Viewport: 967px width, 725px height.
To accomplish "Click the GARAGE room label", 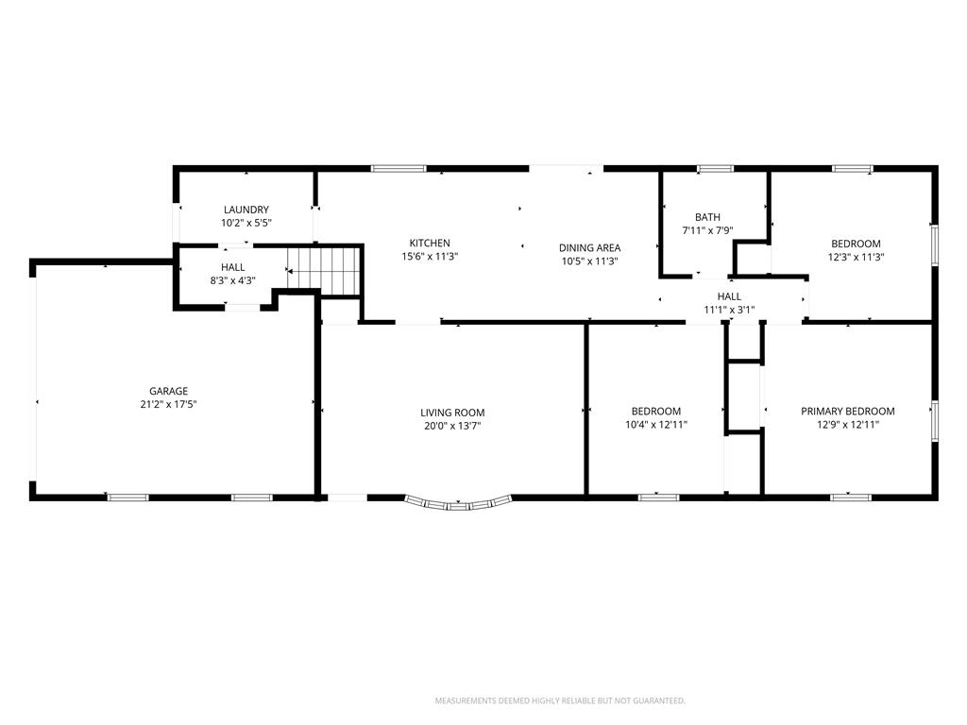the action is [168, 391].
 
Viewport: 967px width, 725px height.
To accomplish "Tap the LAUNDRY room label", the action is [246, 210].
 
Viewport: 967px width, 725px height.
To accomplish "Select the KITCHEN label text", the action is [430, 243].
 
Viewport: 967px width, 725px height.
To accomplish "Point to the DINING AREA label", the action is [589, 248].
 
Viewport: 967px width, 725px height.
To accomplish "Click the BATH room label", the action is [707, 217].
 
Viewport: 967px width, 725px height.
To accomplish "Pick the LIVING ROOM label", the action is [452, 413].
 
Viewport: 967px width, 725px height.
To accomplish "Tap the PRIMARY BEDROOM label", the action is [848, 412].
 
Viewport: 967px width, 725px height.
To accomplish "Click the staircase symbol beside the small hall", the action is [324, 269].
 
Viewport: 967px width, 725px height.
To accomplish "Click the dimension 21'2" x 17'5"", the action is [168, 404].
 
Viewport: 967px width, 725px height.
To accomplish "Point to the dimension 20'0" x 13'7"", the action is [452, 426].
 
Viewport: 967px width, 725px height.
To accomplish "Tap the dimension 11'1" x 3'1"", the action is [730, 310].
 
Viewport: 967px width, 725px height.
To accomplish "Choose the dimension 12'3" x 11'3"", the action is [856, 257].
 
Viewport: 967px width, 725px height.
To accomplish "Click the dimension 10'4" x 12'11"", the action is [656, 425].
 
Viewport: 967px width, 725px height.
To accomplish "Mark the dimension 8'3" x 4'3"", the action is [233, 280].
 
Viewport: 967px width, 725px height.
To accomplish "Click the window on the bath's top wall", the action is [716, 168].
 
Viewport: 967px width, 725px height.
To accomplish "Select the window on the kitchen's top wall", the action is [399, 168].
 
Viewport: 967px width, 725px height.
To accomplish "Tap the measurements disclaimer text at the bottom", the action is [560, 701].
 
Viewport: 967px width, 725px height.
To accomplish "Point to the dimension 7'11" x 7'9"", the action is [707, 230].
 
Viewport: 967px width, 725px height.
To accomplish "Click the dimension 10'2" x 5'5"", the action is [246, 223].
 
